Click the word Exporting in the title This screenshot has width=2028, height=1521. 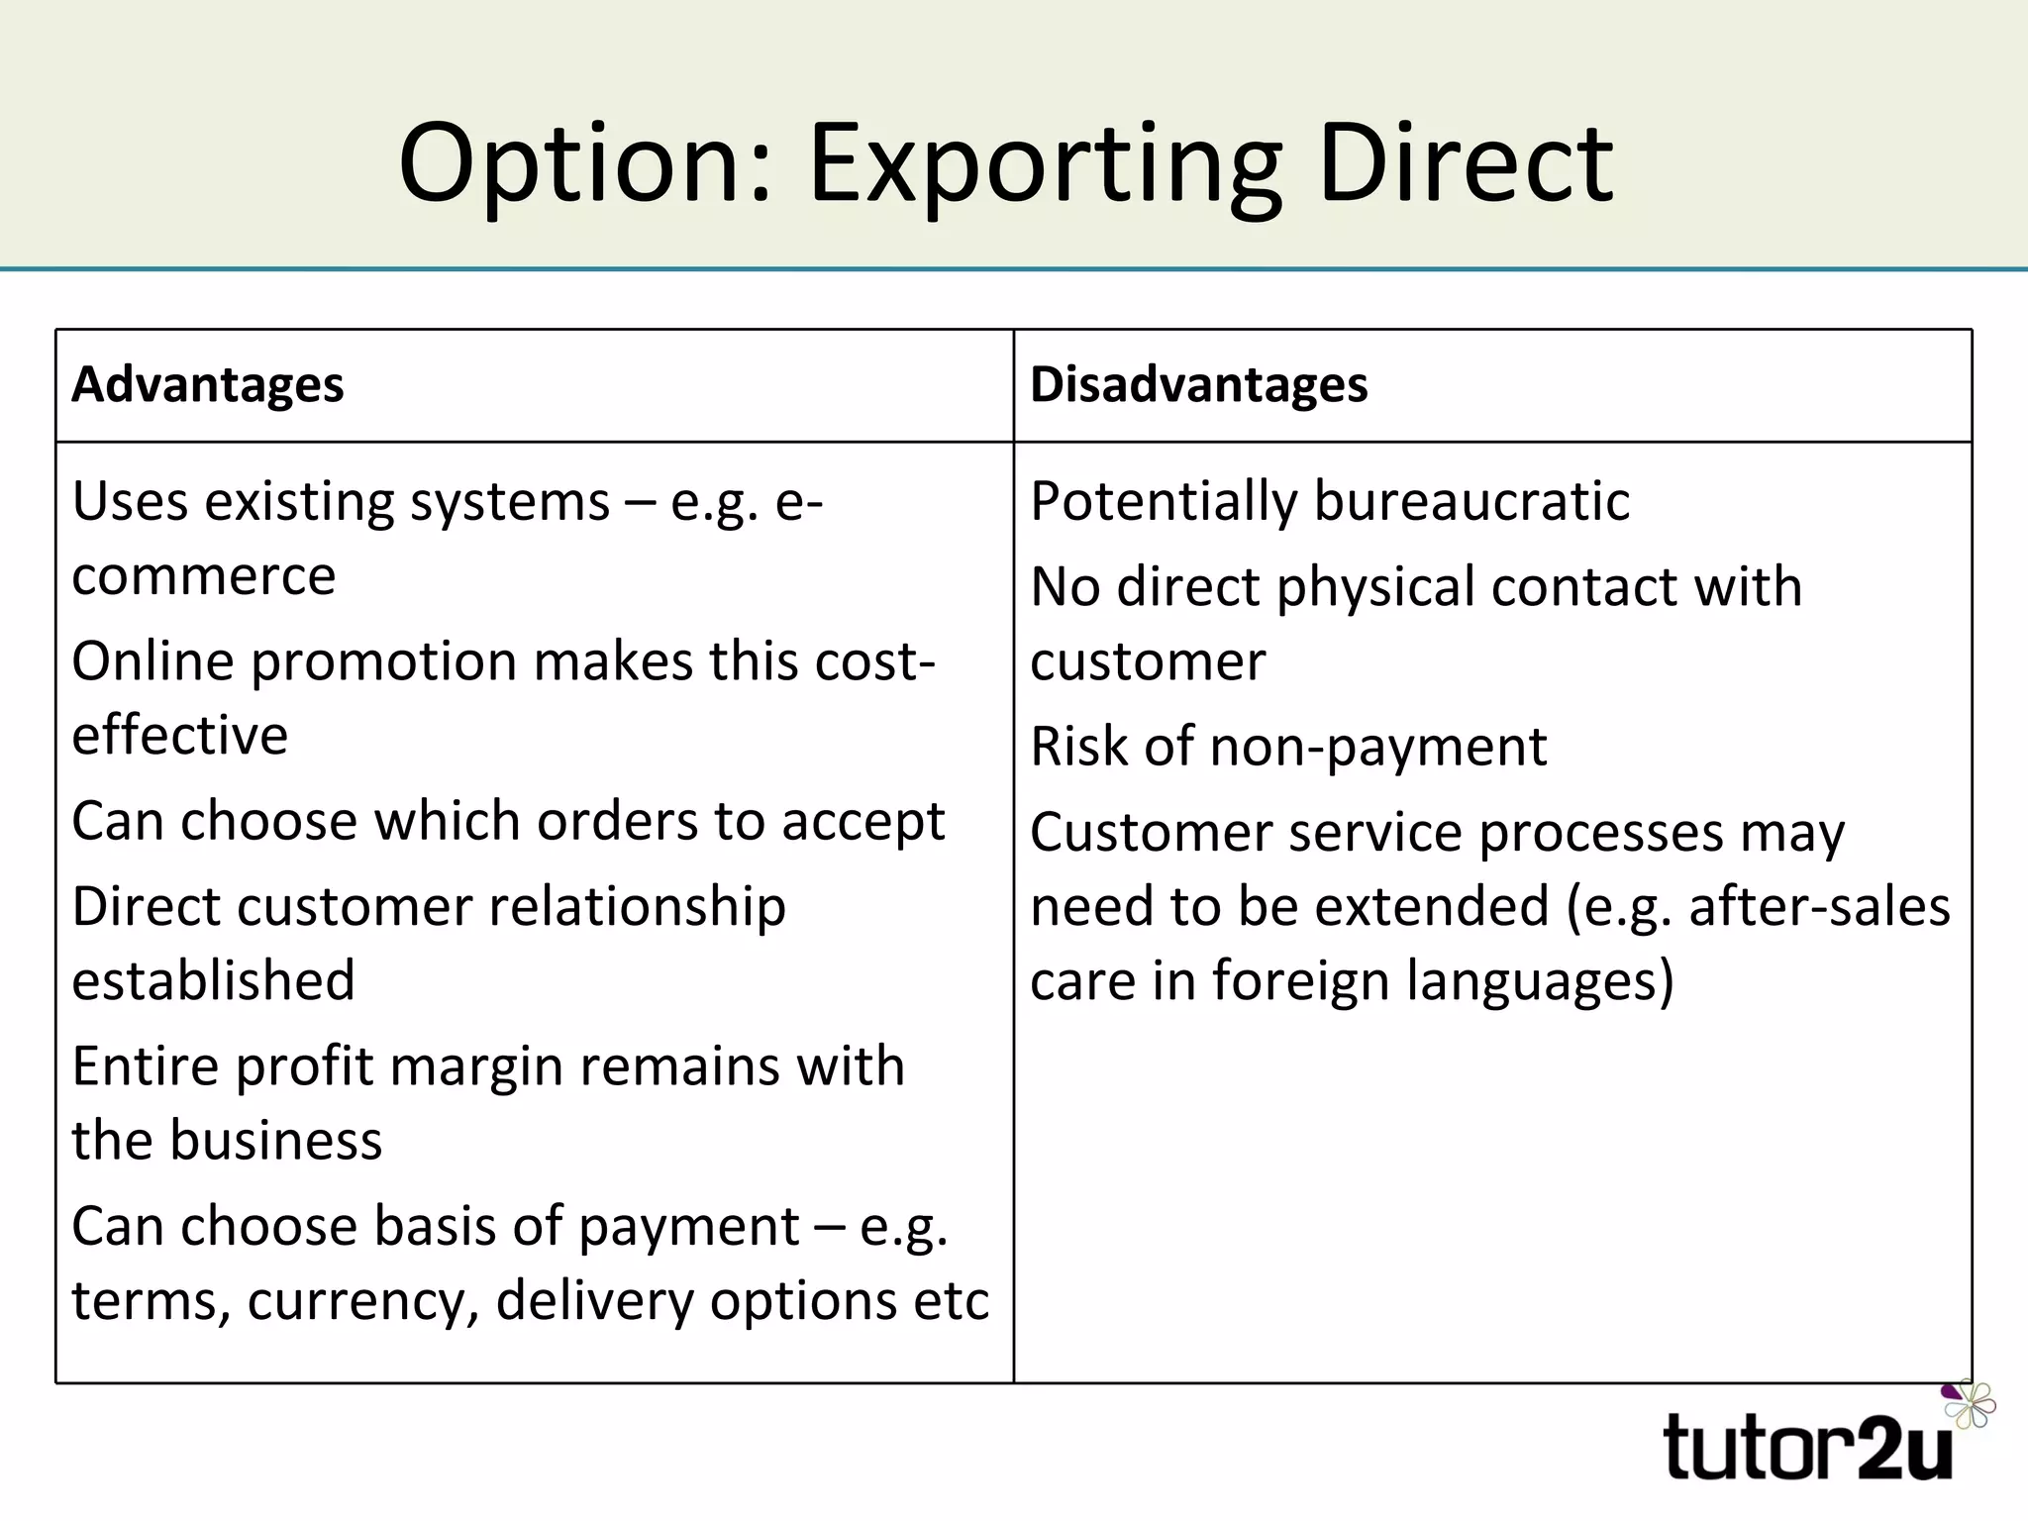1045,164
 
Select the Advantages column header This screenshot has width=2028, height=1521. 208,384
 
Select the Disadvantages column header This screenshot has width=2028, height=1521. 1198,384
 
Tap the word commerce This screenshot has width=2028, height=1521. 204,576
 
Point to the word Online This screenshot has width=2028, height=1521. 152,661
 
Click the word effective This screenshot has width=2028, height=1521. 180,736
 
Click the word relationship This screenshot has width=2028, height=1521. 637,907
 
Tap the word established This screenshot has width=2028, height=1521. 213,980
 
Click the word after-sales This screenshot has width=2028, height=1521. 1819,907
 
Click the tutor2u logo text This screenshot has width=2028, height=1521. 1808,1447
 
